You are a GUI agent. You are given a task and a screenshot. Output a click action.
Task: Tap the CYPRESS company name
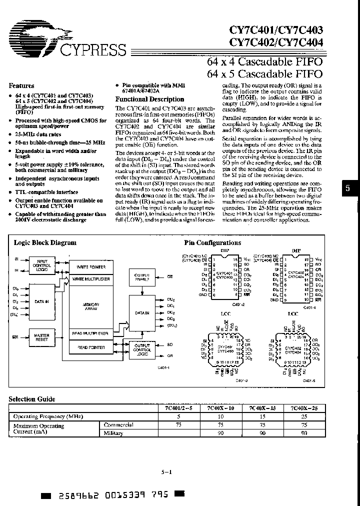pyautogui.click(x=92, y=50)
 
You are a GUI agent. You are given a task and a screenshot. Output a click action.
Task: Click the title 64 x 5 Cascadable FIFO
pyautogui.click(x=264, y=74)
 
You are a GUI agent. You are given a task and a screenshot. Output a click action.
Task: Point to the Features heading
pyautogui.click(x=21, y=86)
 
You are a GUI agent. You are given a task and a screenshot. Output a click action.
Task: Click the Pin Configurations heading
pyautogui.click(x=212, y=242)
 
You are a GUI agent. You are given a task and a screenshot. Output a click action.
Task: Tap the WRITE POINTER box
pyautogui.click(x=91, y=266)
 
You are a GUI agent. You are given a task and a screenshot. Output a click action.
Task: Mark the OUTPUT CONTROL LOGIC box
pyautogui.click(x=142, y=349)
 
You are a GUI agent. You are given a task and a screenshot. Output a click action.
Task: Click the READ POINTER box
pyautogui.click(x=91, y=347)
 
